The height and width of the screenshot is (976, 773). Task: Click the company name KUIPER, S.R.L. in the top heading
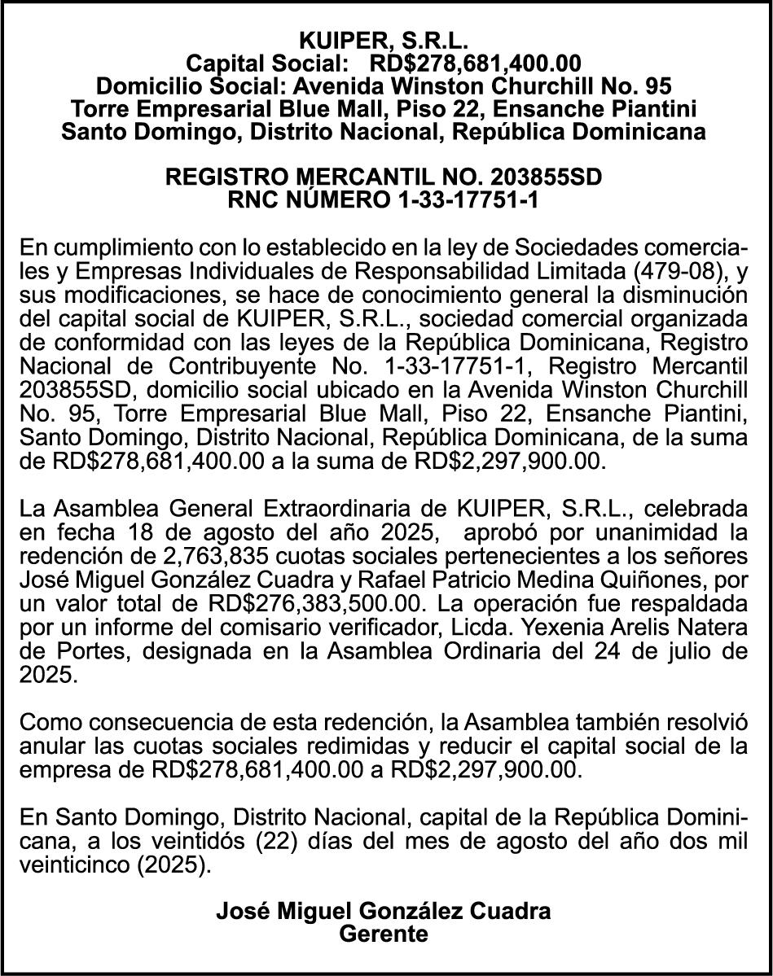(x=384, y=40)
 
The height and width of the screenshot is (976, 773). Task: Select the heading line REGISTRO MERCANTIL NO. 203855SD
(x=384, y=177)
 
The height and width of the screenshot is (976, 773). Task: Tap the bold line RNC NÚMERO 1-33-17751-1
(x=384, y=199)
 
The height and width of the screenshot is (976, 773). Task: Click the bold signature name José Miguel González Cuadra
(x=384, y=911)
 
